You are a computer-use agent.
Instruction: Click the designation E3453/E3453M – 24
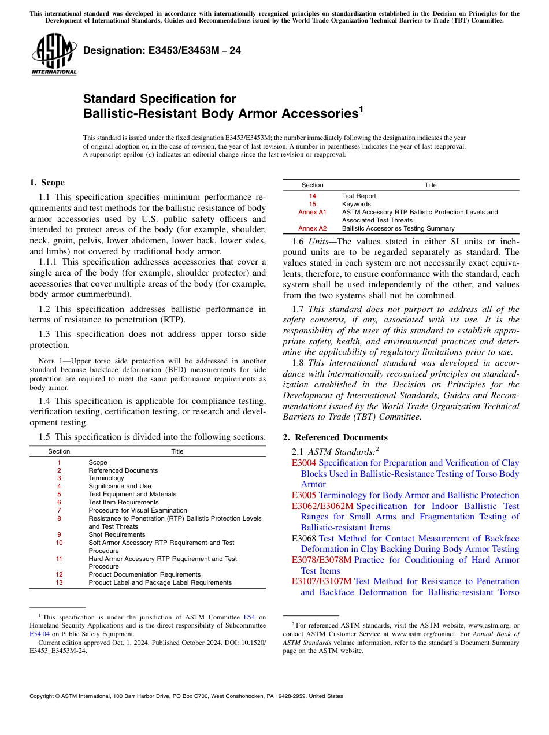click(162, 51)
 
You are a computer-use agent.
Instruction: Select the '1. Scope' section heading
click(47, 183)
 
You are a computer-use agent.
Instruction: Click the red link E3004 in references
click(304, 463)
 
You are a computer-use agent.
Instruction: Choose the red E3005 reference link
click(304, 495)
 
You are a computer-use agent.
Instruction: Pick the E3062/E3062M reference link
click(322, 506)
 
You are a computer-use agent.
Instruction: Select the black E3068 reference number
click(304, 539)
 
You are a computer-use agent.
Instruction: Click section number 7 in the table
click(59, 510)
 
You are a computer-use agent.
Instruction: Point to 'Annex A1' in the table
click(312, 212)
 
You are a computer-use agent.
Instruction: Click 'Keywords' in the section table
click(357, 204)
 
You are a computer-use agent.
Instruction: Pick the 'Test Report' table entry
click(359, 196)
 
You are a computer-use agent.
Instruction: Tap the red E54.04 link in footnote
click(38, 633)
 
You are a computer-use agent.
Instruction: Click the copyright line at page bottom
click(186, 696)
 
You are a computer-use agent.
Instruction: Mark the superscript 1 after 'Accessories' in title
click(361, 109)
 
